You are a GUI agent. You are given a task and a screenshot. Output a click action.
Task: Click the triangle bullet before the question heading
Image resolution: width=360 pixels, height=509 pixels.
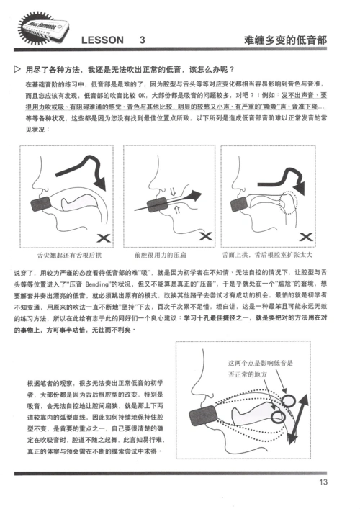pyautogui.click(x=17, y=70)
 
